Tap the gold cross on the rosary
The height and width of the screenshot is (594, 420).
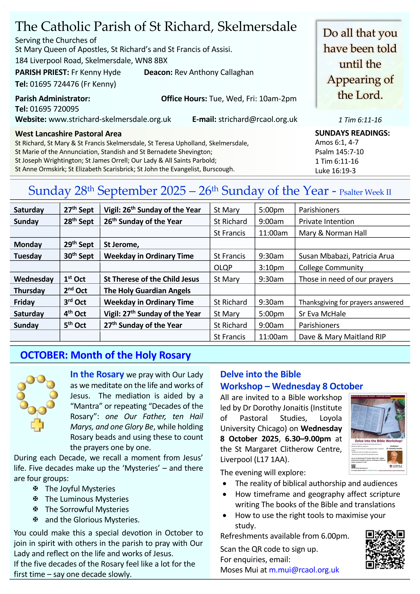coord(37,425)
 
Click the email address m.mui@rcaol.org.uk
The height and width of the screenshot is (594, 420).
coord(304,570)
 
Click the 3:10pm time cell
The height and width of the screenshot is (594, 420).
coord(271,267)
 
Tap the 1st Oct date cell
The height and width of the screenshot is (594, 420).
coord(75,279)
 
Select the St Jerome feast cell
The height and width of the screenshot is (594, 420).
coord(122,245)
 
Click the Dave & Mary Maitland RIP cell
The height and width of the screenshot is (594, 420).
coord(342,337)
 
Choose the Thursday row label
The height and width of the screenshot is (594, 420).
coord(29,291)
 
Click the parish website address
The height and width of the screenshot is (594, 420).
coord(110,119)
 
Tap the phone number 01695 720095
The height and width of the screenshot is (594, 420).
coord(54,109)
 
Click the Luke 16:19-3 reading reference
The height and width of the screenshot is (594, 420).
coord(335,171)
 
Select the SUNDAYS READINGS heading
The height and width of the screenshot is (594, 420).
coord(352,133)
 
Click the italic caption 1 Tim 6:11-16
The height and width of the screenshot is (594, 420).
coord(360,120)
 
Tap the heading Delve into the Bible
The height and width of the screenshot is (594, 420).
coord(261,374)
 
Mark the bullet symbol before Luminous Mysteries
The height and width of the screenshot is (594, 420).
coord(36,499)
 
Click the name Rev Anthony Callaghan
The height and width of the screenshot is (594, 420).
coord(214,72)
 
